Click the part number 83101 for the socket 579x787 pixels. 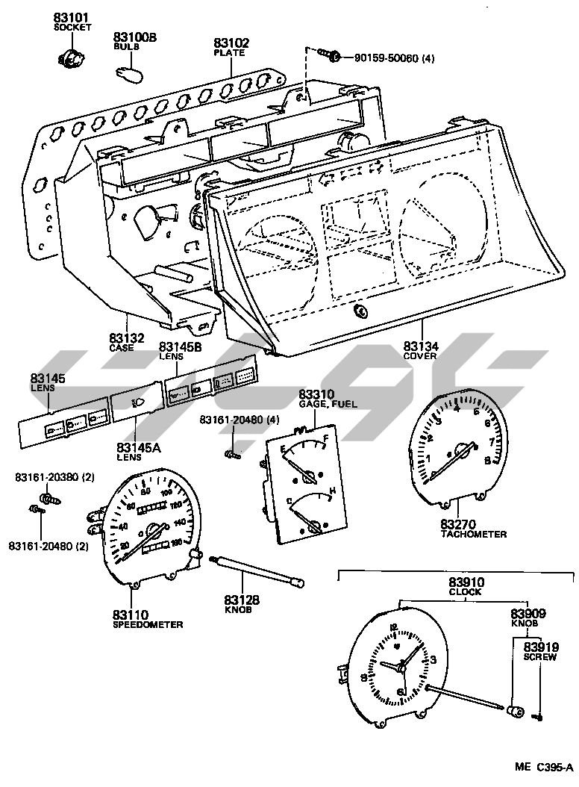click(x=71, y=17)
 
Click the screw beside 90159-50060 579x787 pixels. click(x=328, y=55)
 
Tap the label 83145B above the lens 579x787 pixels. click(x=179, y=346)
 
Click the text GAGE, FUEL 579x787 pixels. click(x=328, y=404)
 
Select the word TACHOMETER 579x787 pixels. click(x=473, y=535)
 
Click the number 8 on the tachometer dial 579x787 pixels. click(x=487, y=461)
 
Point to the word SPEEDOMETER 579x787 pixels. click(x=148, y=624)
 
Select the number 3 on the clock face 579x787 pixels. click(x=433, y=659)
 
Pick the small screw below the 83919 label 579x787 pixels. click(x=539, y=718)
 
